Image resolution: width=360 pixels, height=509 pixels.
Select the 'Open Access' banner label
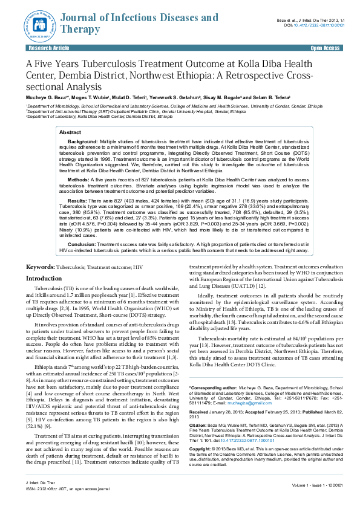(325, 47)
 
